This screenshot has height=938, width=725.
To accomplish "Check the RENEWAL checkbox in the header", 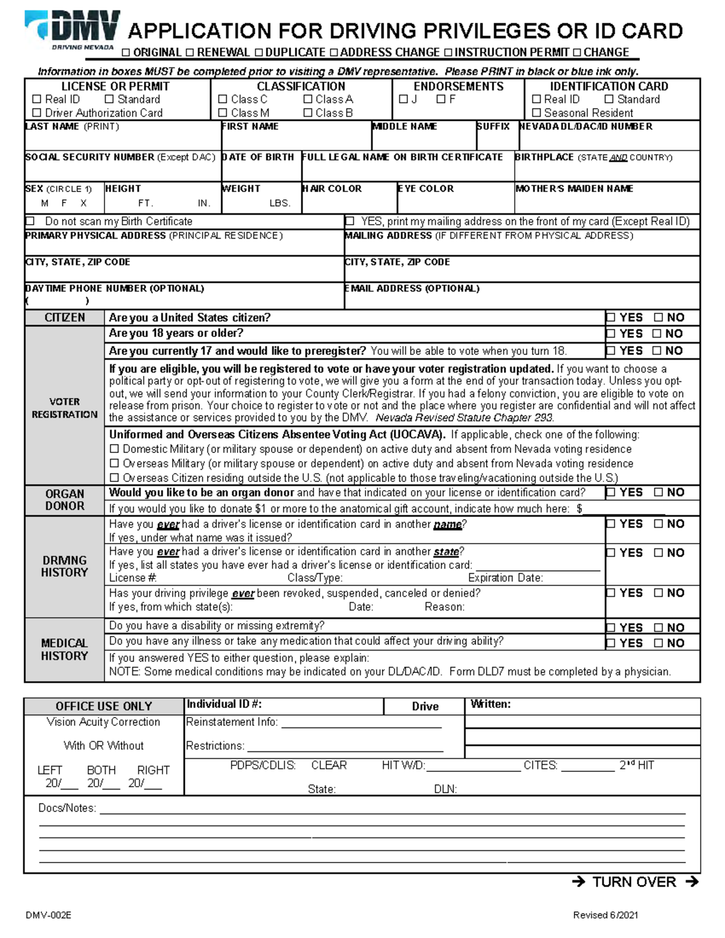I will coord(190,53).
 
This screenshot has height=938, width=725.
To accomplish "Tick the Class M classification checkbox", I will coord(222,113).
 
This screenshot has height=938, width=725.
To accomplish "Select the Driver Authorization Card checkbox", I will coord(37,113).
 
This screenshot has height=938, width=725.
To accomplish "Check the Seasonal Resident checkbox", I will coord(536,113).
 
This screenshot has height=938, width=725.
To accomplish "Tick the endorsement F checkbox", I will coord(440,99).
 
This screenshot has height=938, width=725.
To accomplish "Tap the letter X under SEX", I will coord(83,204).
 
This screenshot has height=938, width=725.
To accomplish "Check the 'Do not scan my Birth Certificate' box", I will coord(30,222).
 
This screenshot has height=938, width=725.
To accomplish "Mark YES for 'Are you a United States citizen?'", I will coord(611,318).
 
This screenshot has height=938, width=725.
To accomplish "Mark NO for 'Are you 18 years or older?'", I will coord(657,334).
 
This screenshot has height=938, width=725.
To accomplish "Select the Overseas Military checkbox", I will coord(114,464).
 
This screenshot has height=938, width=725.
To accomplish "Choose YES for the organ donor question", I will coord(611,493).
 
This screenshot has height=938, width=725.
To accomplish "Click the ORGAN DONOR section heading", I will coord(65,500).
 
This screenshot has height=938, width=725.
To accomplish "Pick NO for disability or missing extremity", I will coord(659,628).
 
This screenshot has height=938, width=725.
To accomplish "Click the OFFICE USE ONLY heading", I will coord(103,706).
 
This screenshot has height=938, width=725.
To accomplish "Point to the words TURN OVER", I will coord(634,882).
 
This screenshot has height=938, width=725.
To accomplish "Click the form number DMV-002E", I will coord(48,915).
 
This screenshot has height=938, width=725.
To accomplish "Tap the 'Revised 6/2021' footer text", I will coord(605,915).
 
